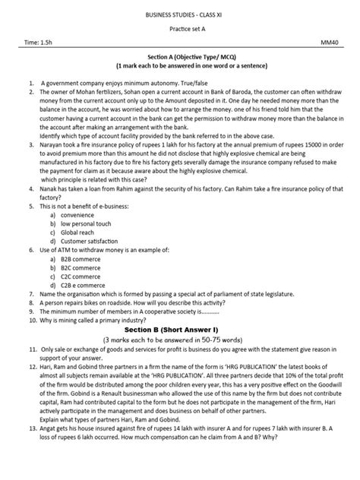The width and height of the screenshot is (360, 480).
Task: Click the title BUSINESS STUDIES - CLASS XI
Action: point(180,14)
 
